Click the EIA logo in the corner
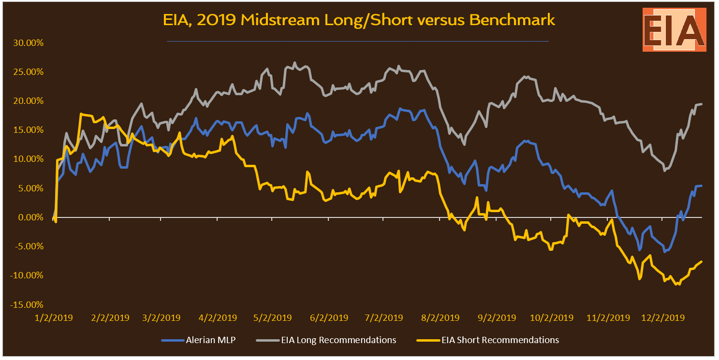pos(674,30)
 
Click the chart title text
pos(358,20)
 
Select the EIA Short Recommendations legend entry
pos(500,340)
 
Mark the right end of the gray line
pos(702,104)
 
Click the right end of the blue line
pos(702,186)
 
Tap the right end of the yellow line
pos(702,261)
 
